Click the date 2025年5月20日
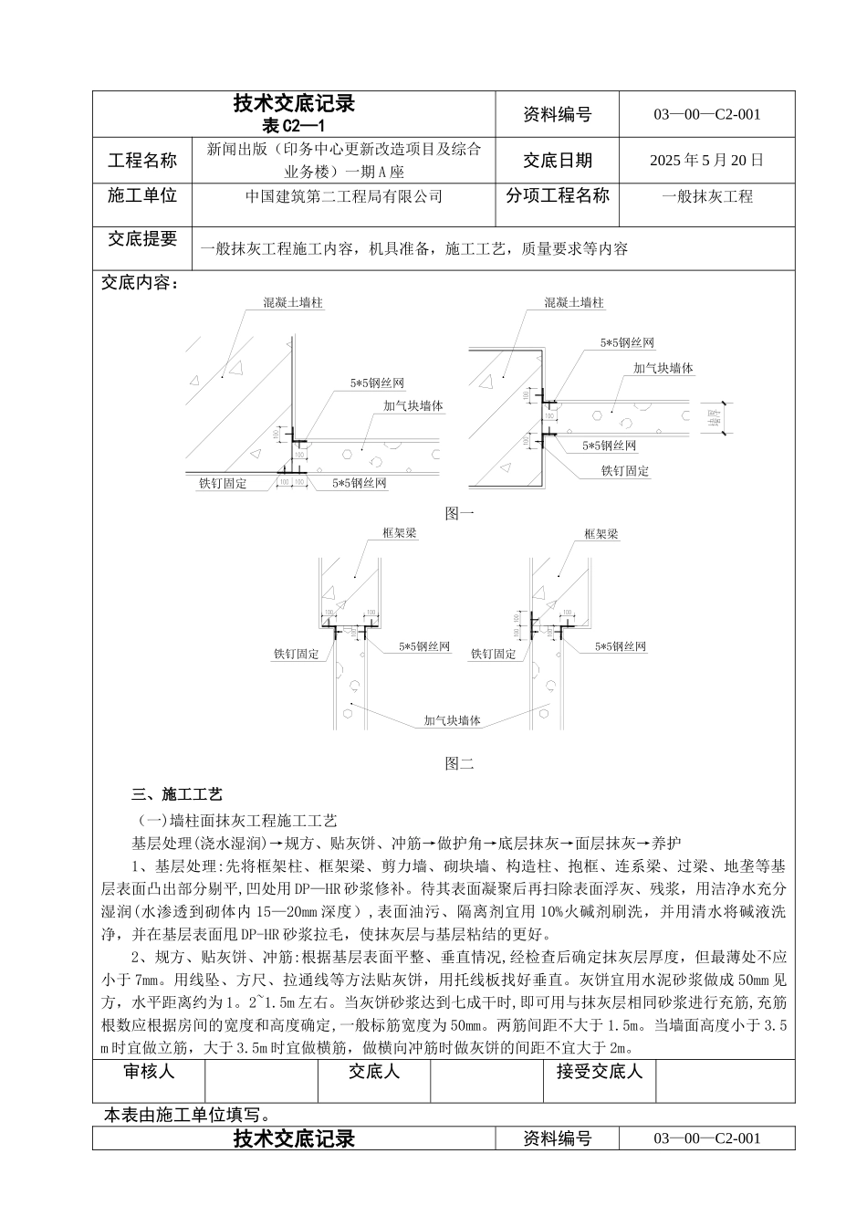[706, 161]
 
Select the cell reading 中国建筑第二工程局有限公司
[344, 196]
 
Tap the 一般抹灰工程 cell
[706, 196]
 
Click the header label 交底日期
[557, 161]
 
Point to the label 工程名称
[142, 161]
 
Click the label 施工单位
[142, 195]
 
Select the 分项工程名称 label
[557, 195]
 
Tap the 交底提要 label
[142, 239]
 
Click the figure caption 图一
[459, 514]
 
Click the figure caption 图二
[459, 763]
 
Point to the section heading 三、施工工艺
[177, 794]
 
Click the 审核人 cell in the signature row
[149, 1072]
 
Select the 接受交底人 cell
[600, 1072]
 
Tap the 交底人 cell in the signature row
[374, 1072]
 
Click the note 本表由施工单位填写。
[186, 1115]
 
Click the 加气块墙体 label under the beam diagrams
[452, 721]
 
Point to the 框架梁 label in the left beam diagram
[399, 534]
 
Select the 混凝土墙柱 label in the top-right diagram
[574, 302]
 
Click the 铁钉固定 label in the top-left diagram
[223, 483]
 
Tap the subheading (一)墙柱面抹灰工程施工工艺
[235, 820]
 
